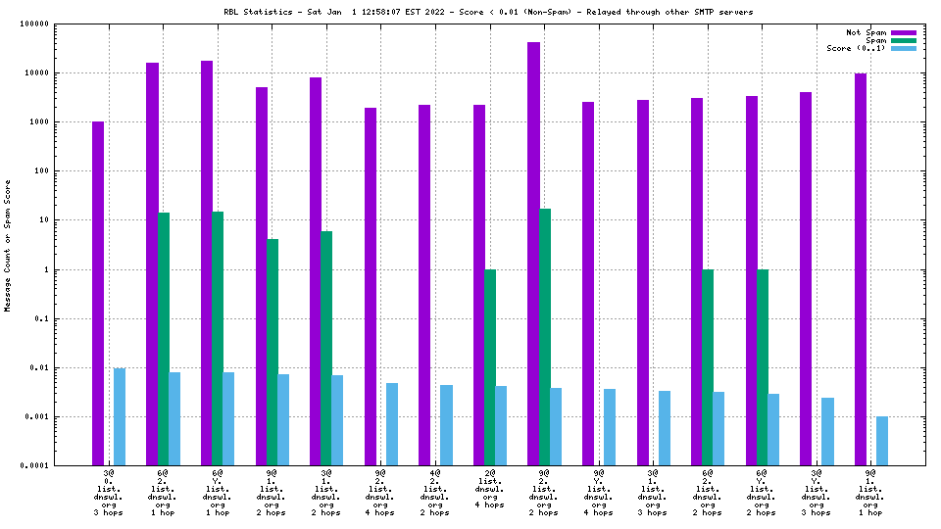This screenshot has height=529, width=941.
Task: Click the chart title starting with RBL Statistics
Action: pos(487,12)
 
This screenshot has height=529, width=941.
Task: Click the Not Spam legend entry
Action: pos(866,32)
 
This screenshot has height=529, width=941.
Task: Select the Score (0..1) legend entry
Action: pos(856,48)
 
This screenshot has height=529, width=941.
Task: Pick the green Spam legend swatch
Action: pos(903,40)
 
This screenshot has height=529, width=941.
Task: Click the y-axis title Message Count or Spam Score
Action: pos(8,245)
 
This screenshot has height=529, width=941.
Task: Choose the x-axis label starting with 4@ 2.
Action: pos(435,493)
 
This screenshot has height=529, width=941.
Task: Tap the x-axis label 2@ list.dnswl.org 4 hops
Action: pos(490,489)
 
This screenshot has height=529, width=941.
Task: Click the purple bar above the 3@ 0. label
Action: pos(98,294)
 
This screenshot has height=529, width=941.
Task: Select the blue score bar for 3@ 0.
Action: pos(120,416)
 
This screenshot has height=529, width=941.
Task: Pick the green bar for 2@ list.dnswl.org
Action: pos(490,367)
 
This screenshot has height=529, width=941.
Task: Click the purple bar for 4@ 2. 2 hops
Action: pos(424,285)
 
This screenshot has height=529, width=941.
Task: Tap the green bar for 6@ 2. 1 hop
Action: pos(164,339)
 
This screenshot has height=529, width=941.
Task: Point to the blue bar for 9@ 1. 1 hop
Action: pos(882,441)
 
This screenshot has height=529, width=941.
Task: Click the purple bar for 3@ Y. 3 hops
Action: pos(806,279)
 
